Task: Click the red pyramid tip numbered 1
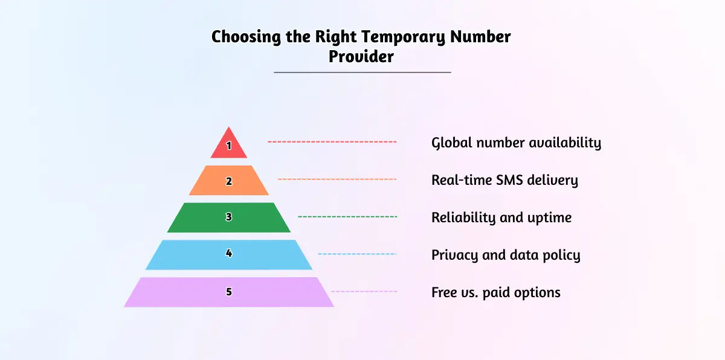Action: coord(229,146)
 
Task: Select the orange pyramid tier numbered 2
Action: coord(229,181)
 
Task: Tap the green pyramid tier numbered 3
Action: coord(229,217)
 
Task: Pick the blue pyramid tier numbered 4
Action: coord(229,254)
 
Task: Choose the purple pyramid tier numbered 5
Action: coord(229,292)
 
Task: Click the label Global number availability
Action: coord(516,143)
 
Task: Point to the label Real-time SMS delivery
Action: coord(504,180)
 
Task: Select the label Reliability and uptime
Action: coord(501,217)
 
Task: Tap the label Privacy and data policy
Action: coord(506,255)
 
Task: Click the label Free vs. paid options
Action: coord(496,292)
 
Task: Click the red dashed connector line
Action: coord(332,142)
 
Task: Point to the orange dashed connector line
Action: coord(337,179)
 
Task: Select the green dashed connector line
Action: coord(347,217)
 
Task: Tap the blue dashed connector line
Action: coord(357,254)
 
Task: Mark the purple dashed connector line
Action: coord(364,291)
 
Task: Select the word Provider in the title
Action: coord(361,56)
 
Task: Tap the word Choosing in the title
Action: coord(246,37)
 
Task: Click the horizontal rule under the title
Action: coord(362,72)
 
